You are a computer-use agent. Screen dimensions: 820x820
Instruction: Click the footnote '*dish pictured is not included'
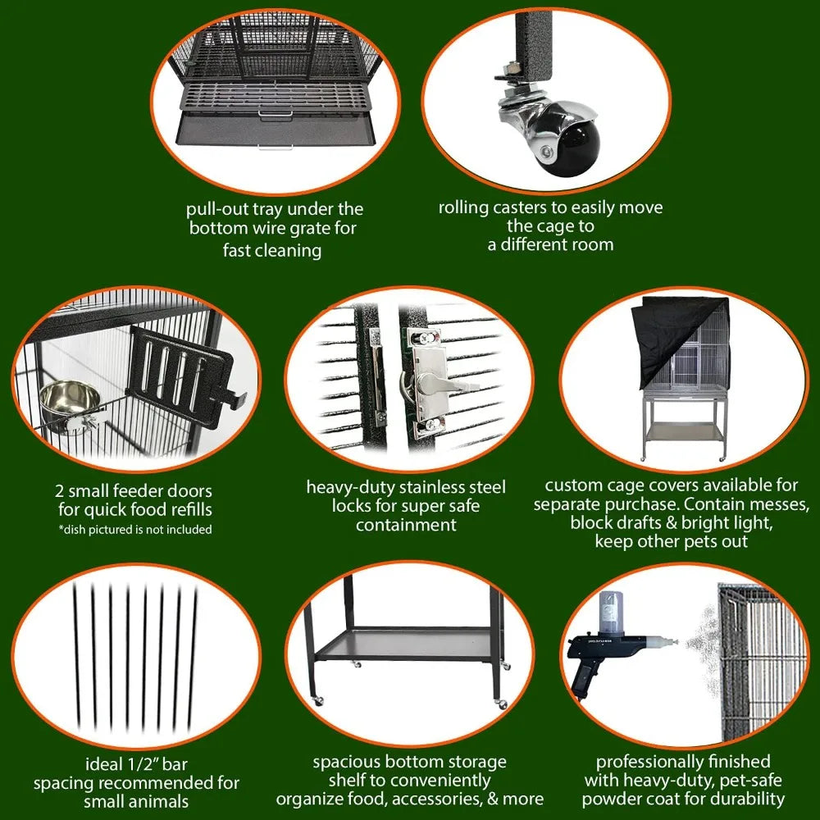click(135, 530)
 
